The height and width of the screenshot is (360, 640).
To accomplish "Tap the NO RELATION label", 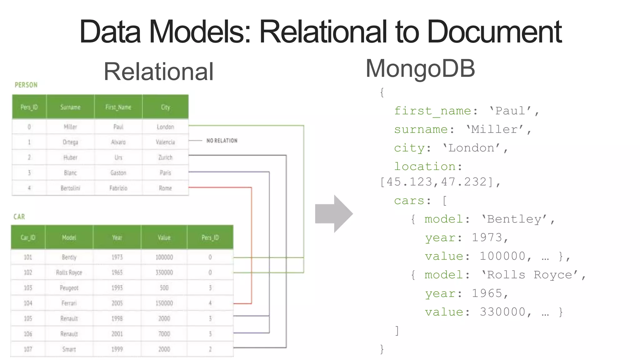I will (222, 141).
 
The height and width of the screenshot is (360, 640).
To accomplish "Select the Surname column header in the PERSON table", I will (70, 107).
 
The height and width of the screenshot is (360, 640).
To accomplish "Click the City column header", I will (165, 107).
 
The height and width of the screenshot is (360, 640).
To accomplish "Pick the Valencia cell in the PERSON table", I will (165, 142).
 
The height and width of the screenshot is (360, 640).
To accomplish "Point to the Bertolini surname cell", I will (70, 188).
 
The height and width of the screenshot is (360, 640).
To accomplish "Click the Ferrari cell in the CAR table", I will (69, 303).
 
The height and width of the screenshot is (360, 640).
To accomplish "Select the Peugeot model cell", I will (69, 288).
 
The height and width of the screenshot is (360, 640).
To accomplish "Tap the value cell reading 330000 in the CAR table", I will (164, 272).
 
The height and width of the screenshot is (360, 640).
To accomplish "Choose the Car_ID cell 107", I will (28, 349).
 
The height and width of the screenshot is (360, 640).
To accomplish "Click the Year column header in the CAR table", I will (117, 237).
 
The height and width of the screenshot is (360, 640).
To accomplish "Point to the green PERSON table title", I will (26, 85).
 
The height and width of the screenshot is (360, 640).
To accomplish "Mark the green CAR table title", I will (19, 217).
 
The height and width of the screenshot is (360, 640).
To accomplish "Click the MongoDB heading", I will (420, 68).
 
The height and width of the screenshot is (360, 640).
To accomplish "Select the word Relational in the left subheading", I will (158, 72).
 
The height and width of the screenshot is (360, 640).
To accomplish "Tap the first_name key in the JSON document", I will (432, 111).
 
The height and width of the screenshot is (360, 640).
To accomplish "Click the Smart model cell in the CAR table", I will (69, 349).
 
